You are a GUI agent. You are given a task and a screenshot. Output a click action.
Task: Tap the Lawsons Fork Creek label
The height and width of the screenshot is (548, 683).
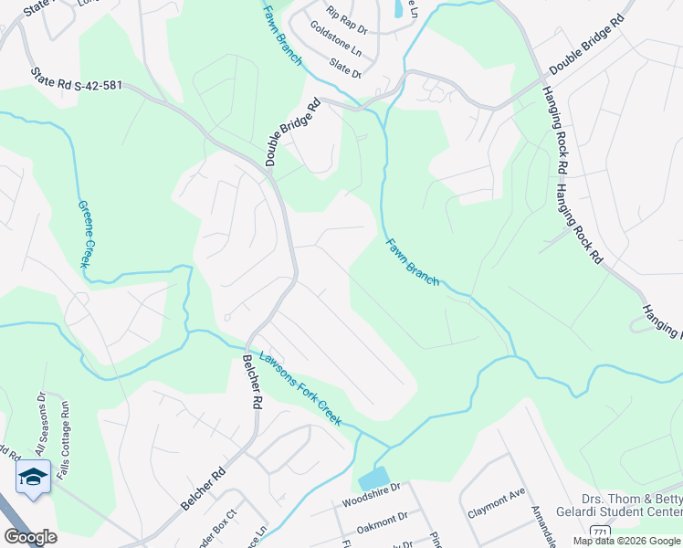300,388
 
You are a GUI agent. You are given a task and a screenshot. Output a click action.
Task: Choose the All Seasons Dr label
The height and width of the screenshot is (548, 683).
40,426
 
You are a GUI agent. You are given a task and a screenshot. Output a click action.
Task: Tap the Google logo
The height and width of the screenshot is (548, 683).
30,537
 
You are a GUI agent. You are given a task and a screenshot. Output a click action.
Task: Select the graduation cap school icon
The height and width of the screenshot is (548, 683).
33,477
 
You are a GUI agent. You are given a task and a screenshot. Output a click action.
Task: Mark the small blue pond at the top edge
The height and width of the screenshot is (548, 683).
397,10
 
